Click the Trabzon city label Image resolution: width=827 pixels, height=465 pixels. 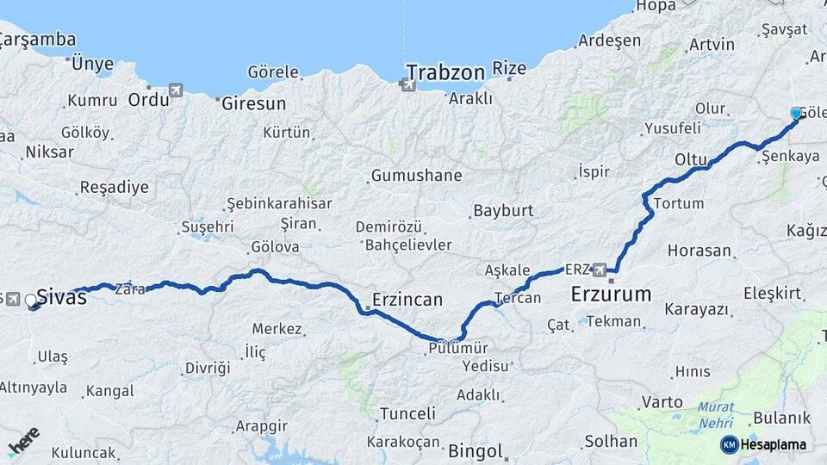click(x=445, y=71)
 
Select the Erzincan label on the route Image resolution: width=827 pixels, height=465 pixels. click(x=407, y=301)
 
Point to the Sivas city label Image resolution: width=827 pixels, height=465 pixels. click(x=61, y=298)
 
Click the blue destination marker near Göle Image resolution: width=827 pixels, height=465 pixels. click(x=796, y=114)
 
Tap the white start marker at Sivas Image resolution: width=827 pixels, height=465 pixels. click(x=31, y=301)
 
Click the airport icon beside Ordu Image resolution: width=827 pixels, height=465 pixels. click(x=177, y=90)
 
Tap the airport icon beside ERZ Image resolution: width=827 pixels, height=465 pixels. click(x=600, y=269)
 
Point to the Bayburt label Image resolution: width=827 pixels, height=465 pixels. click(x=504, y=210)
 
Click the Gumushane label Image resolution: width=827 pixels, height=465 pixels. click(x=416, y=176)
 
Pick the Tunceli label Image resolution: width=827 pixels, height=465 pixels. click(x=407, y=413)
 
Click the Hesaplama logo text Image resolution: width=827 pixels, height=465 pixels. click(x=773, y=444)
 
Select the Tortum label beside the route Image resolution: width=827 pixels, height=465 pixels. click(x=679, y=204)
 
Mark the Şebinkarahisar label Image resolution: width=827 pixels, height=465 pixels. click(x=279, y=203)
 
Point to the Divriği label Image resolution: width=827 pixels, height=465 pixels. click(x=208, y=368)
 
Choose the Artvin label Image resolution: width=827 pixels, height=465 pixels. click(x=712, y=45)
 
